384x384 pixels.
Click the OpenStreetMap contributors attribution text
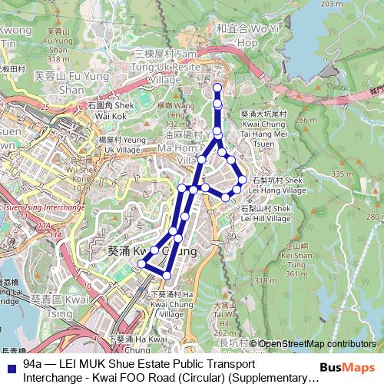[x=317, y=344]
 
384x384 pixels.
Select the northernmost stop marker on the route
[x=217, y=88]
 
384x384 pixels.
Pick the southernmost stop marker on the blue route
[x=167, y=275]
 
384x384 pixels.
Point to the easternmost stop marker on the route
[x=242, y=180]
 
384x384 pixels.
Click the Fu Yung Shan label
[x=60, y=82]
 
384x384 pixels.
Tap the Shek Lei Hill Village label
[x=266, y=213]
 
